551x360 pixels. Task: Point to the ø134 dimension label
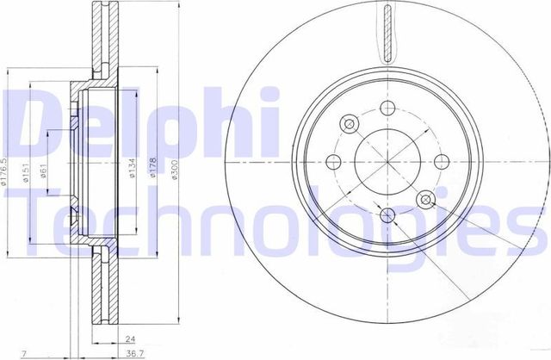tap(133, 171)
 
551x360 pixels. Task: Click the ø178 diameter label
tap(155, 171)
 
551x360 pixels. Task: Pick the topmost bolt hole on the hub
tap(387, 108)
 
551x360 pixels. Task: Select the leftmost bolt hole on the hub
tap(334, 160)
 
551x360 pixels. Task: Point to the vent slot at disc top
tap(387, 30)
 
